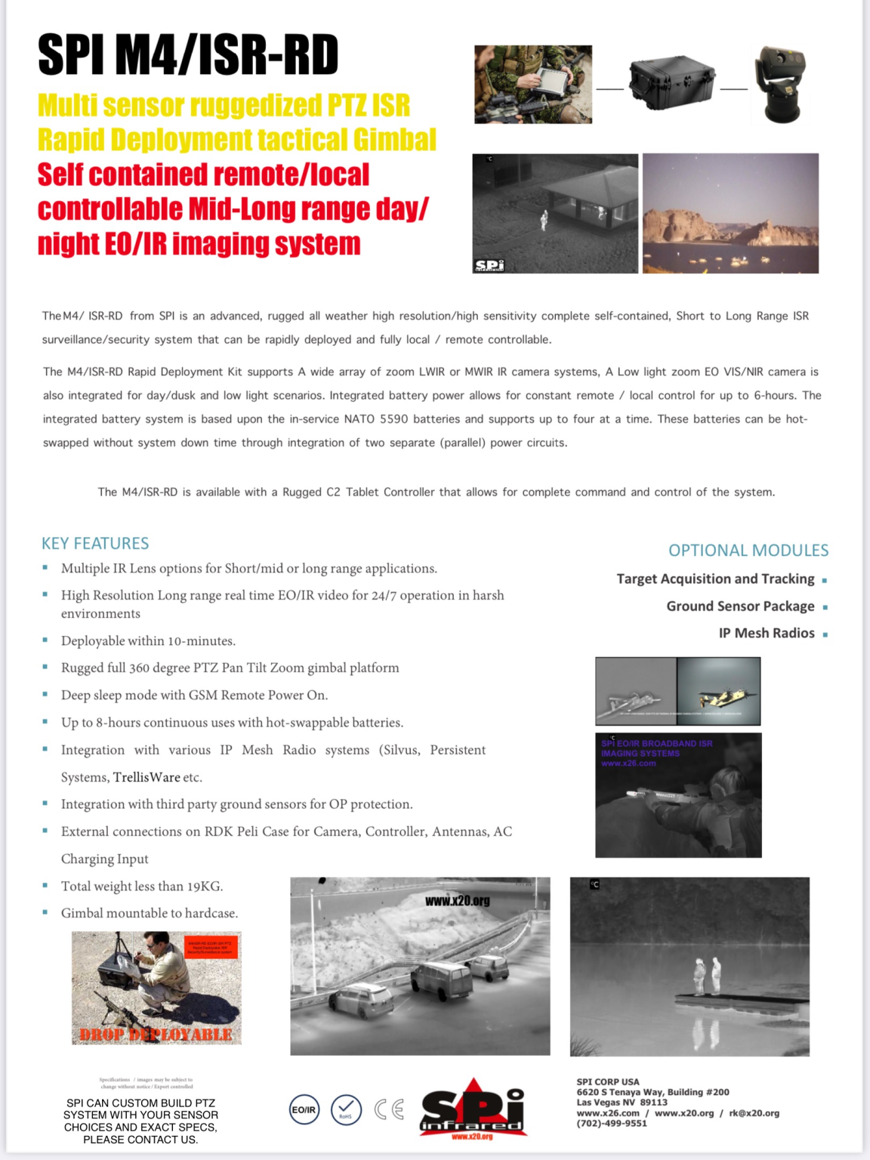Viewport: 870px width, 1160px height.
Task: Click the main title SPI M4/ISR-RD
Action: (188, 56)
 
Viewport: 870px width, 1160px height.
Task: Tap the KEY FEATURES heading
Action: (95, 544)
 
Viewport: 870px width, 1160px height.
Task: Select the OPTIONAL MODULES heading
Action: (748, 551)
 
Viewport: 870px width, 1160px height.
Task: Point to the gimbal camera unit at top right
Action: (781, 84)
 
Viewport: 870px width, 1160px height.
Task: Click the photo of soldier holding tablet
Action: (533, 84)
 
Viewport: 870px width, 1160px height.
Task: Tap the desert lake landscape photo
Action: (730, 214)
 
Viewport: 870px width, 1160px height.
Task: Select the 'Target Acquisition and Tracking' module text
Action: (715, 579)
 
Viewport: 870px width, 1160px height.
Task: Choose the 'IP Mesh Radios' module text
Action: (766, 634)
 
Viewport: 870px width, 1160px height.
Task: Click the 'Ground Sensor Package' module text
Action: (740, 606)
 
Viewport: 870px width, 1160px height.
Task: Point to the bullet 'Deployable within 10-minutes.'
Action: (148, 641)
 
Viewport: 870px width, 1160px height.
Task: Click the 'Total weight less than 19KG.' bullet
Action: (142, 887)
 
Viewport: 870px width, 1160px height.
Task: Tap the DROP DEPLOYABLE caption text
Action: (156, 1035)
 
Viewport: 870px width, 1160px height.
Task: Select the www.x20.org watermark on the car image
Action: (458, 901)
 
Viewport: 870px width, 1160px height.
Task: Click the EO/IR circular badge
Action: (304, 1109)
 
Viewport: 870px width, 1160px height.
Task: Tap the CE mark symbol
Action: (389, 1109)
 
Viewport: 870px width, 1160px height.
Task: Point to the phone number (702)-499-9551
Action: (612, 1124)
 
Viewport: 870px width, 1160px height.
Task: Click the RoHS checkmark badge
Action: (346, 1109)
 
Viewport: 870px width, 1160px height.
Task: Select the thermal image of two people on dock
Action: (690, 967)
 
